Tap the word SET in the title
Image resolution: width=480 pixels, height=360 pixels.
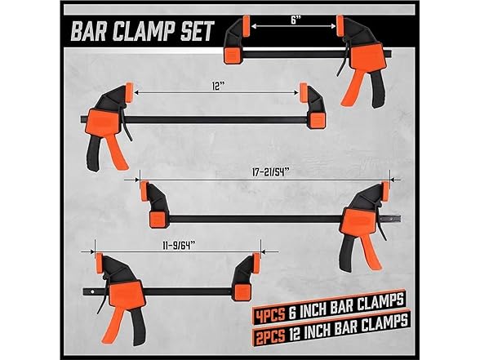[x=195, y=33]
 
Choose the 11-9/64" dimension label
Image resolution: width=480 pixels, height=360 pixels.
[x=176, y=242]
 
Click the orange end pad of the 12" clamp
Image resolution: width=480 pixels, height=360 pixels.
[x=317, y=119]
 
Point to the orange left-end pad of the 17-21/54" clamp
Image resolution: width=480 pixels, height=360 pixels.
[x=154, y=218]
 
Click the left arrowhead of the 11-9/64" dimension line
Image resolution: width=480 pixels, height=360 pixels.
[x=96, y=249]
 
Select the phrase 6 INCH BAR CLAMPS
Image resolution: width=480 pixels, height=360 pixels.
[x=343, y=310]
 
